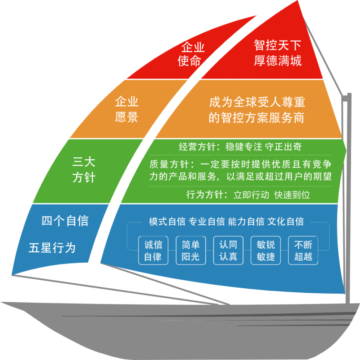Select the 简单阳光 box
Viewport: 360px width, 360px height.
click(191, 251)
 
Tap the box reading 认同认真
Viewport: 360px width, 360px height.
click(228, 251)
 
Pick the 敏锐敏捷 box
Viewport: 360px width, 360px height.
click(265, 251)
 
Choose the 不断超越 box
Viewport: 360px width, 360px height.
click(303, 251)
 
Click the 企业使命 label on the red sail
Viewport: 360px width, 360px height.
click(193, 54)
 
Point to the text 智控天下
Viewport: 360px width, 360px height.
click(277, 46)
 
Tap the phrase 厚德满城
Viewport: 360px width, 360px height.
click(277, 61)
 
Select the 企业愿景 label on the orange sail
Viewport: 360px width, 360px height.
click(127, 109)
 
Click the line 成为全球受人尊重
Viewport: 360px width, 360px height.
click(257, 102)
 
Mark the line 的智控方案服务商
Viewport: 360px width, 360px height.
click(257, 117)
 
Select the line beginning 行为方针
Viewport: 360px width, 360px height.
click(248, 195)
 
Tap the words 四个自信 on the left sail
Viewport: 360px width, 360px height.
click(65, 221)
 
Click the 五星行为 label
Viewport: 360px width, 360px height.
click(52, 247)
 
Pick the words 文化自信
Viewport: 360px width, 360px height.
click(286, 221)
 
